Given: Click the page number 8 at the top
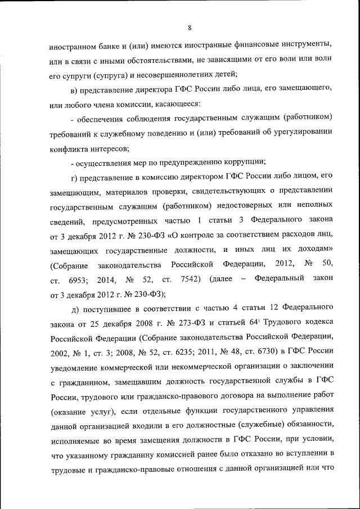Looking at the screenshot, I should tap(190, 28).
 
